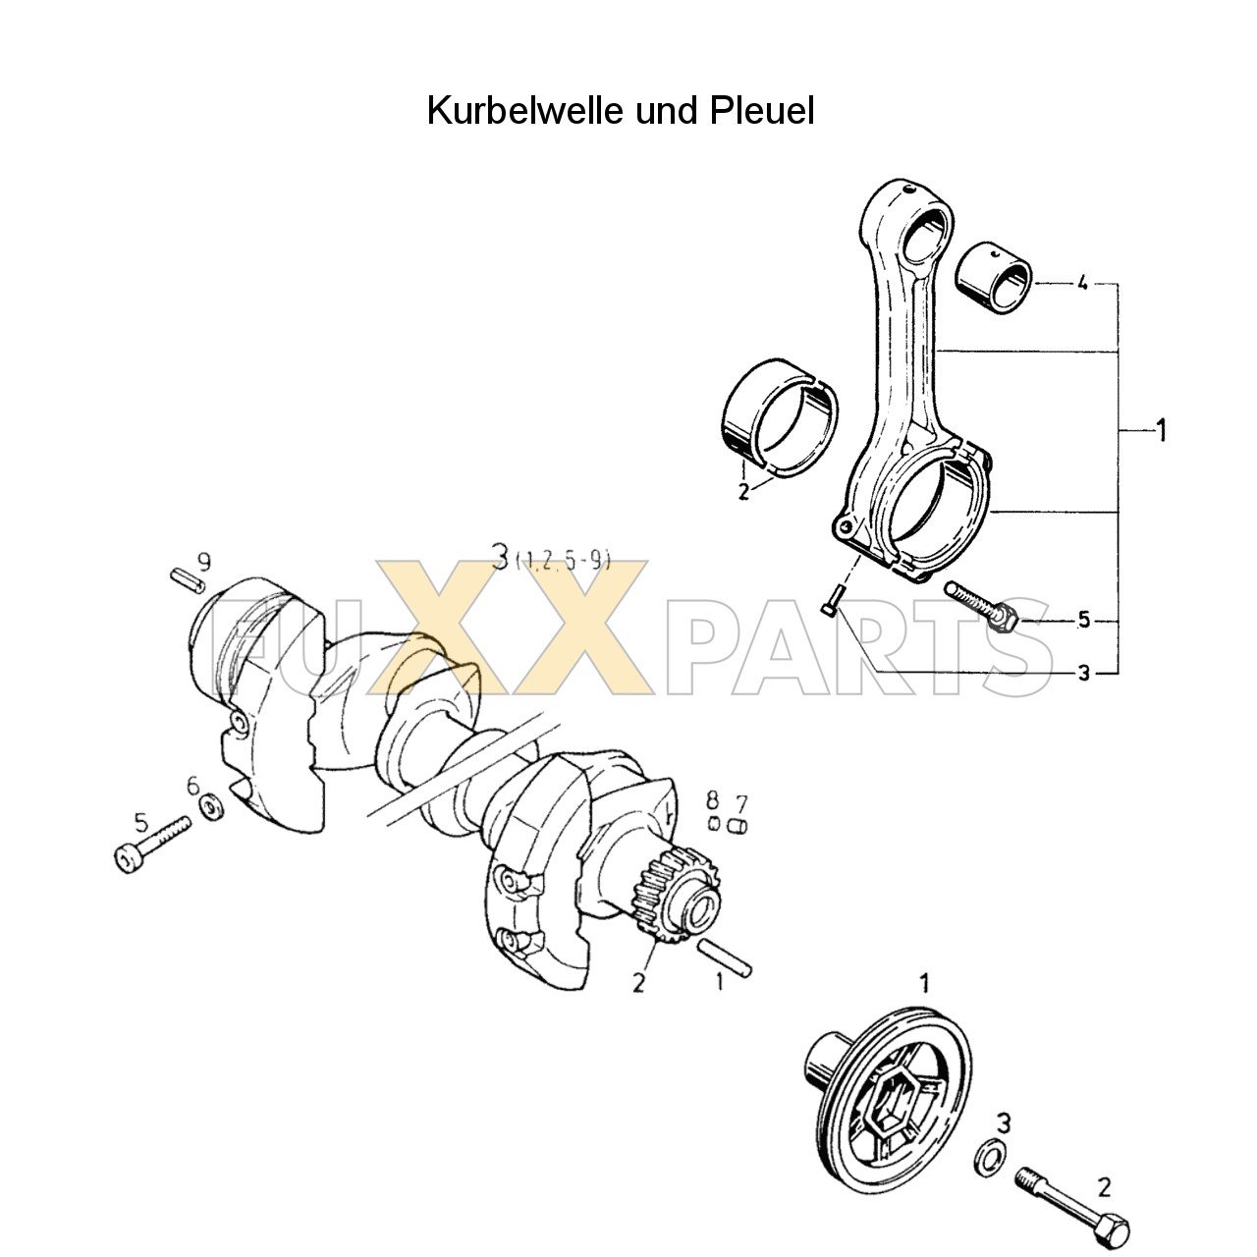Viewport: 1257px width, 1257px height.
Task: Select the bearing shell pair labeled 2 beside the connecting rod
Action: (x=779, y=421)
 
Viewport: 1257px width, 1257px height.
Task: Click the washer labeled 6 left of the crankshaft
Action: (x=210, y=808)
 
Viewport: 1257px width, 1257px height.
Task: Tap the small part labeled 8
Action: (x=715, y=823)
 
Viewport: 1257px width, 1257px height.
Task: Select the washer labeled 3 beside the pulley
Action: (x=988, y=1157)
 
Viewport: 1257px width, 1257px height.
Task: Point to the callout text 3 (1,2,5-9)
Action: (x=551, y=560)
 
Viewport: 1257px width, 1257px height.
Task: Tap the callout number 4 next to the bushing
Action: (x=1081, y=284)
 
